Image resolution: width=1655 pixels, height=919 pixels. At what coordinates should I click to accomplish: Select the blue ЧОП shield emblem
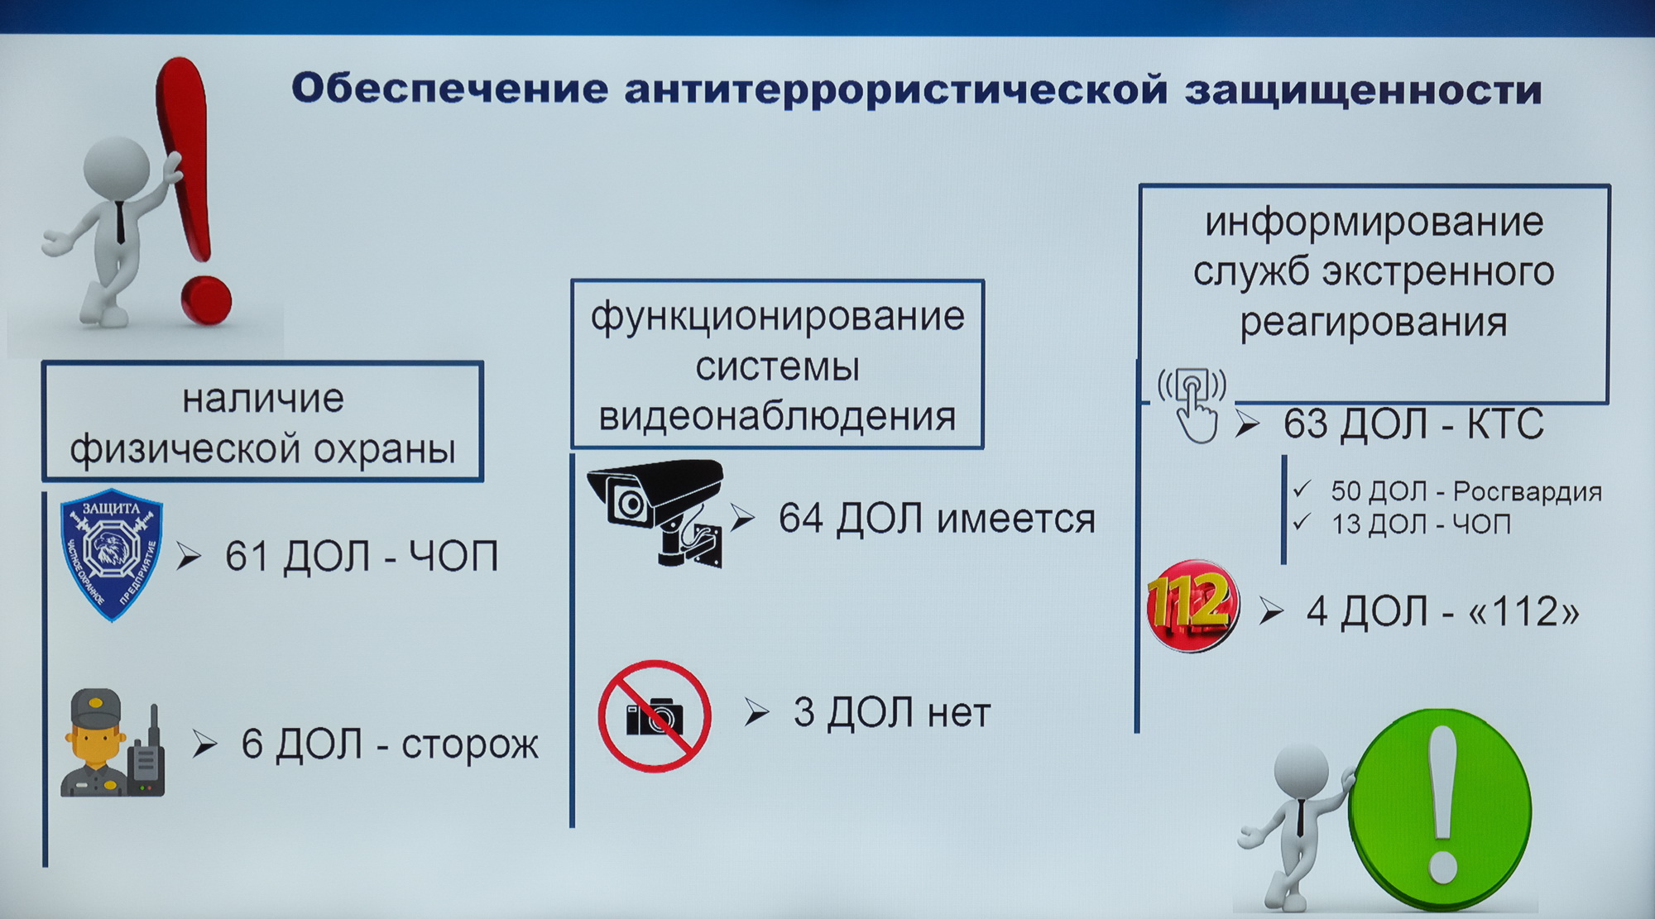[x=112, y=554]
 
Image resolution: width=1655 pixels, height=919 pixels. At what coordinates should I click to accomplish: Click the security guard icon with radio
[x=113, y=743]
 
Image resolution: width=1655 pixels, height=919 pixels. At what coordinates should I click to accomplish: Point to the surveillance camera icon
[x=655, y=513]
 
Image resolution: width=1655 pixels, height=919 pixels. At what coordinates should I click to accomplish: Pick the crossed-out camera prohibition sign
[x=655, y=716]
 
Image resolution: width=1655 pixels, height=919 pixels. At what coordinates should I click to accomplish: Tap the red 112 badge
[x=1192, y=605]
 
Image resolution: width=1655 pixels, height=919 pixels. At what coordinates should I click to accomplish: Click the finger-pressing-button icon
[x=1193, y=404]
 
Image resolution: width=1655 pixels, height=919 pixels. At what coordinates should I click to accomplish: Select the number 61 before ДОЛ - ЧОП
[x=247, y=556]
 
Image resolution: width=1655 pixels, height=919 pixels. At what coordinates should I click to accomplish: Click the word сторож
[x=470, y=745]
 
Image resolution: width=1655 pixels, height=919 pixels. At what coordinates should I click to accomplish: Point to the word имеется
[x=1016, y=519]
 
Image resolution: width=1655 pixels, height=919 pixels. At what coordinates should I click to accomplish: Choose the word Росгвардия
[x=1528, y=491]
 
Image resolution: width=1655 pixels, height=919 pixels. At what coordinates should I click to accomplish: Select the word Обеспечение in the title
[x=450, y=89]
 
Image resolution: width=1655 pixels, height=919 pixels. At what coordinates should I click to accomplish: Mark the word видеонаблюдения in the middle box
[x=777, y=416]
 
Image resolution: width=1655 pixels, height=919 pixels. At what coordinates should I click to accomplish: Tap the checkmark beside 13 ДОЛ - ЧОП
[x=1302, y=522]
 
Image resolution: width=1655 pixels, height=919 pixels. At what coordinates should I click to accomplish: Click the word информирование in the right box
[x=1374, y=222]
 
